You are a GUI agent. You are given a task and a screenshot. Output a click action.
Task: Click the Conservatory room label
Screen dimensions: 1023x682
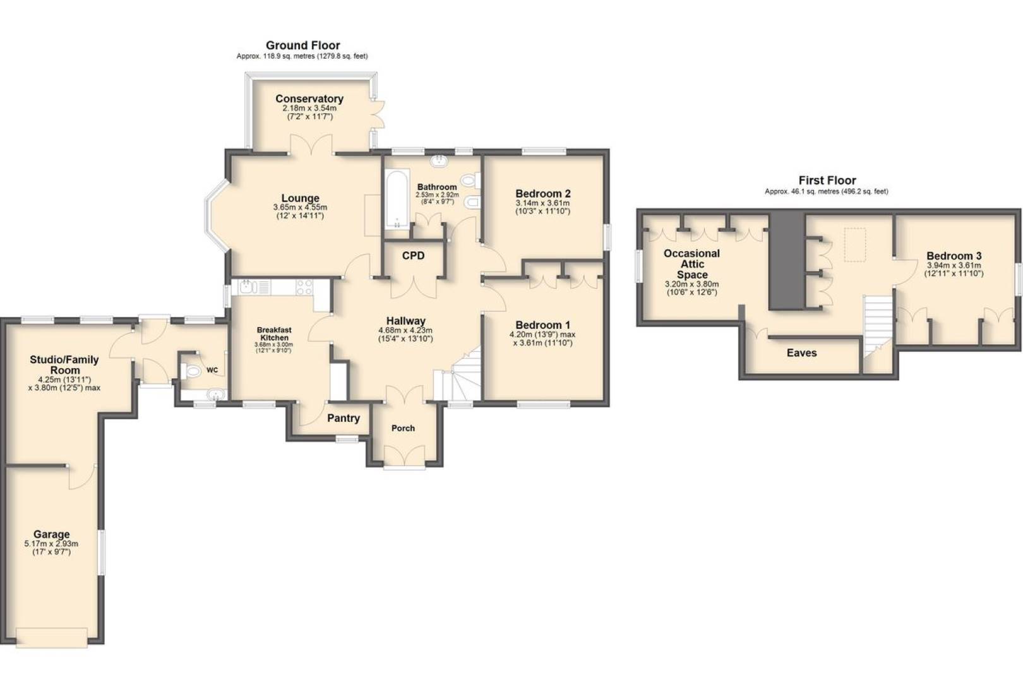(x=309, y=99)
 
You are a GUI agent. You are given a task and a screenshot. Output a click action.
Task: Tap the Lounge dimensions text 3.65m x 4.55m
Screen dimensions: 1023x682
(x=300, y=207)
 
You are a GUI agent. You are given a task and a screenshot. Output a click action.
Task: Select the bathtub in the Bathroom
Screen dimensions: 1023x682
(x=397, y=199)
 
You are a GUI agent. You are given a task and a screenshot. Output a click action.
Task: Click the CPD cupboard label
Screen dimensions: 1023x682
(x=414, y=256)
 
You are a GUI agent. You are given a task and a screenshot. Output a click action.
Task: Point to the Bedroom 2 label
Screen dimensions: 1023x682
(x=543, y=193)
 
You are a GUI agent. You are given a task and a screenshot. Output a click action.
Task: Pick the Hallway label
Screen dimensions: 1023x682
(x=405, y=321)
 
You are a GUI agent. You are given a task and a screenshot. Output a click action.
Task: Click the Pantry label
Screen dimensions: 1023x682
(x=344, y=418)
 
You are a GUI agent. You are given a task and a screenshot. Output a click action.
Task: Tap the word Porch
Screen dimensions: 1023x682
(x=404, y=428)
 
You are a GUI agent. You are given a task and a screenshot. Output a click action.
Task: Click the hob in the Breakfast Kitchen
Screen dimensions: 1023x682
(x=304, y=287)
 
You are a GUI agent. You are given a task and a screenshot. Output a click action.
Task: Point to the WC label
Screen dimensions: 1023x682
(x=212, y=370)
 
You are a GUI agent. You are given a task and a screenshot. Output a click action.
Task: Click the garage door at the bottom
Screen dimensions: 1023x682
(x=52, y=638)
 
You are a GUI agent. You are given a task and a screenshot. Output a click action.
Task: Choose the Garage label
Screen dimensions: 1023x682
(x=52, y=534)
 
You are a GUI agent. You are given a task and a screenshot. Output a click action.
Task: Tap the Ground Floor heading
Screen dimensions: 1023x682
(x=302, y=45)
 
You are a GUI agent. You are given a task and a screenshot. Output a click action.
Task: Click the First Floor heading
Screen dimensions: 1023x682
(x=827, y=180)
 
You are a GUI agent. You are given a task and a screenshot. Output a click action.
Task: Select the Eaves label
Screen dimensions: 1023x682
(x=801, y=352)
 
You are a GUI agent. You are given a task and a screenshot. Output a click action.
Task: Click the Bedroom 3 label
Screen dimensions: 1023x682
(x=954, y=256)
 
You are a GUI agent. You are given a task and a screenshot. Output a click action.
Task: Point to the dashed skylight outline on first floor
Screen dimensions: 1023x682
(x=855, y=245)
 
